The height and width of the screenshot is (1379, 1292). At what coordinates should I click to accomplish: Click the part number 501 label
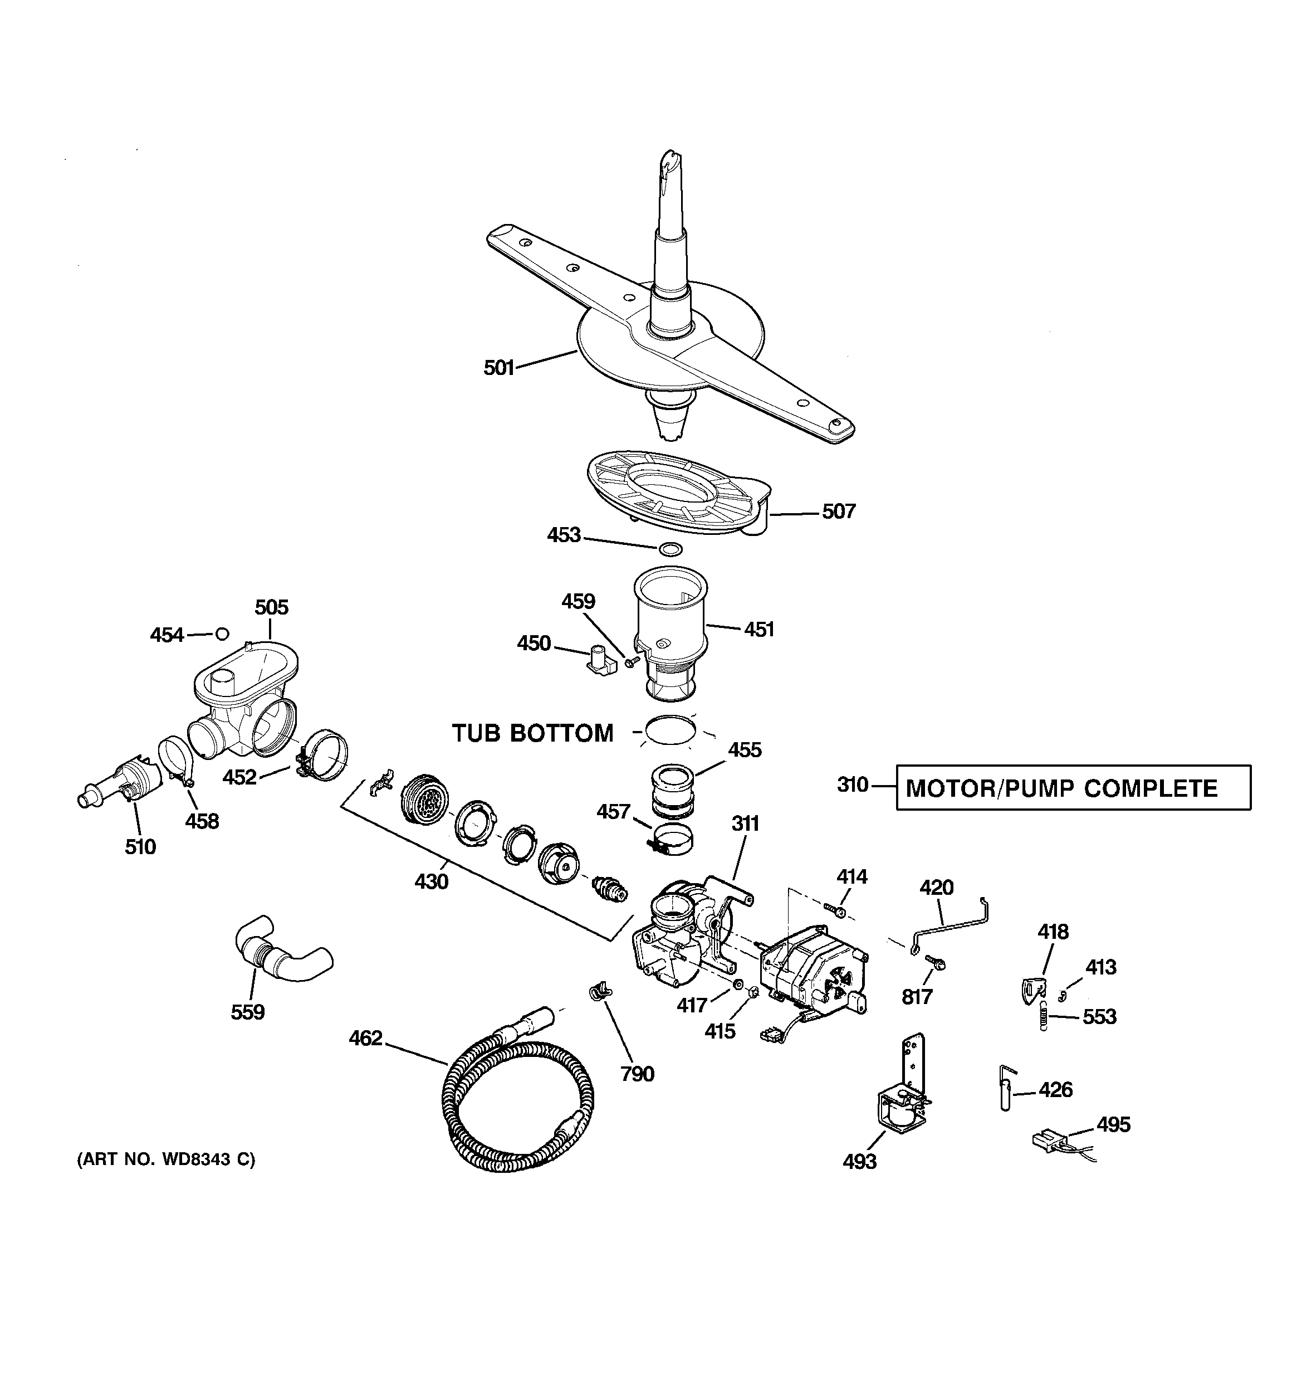pyautogui.click(x=498, y=368)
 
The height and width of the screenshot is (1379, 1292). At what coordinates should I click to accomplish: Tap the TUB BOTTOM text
pyautogui.click(x=532, y=733)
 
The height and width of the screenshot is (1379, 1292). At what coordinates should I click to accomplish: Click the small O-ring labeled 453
pyautogui.click(x=670, y=549)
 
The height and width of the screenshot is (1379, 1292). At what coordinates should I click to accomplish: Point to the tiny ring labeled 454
pyautogui.click(x=222, y=634)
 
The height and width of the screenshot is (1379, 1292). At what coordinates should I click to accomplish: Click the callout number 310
pyautogui.click(x=852, y=784)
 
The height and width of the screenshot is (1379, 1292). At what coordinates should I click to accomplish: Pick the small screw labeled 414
pyautogui.click(x=836, y=910)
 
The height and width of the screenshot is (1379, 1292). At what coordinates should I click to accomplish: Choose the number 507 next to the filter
pyautogui.click(x=839, y=511)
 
